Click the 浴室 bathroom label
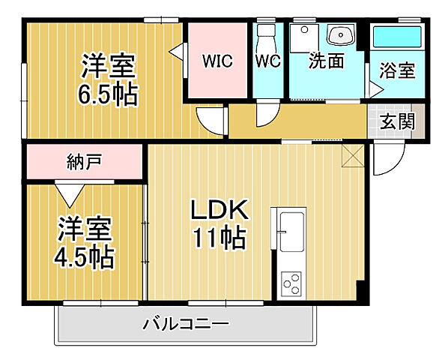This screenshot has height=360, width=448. (397, 71)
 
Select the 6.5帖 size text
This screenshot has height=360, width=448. (108, 96)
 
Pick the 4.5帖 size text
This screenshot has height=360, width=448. (83, 256)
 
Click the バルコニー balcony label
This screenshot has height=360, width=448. (186, 325)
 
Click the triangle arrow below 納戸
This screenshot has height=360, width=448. (70, 193)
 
